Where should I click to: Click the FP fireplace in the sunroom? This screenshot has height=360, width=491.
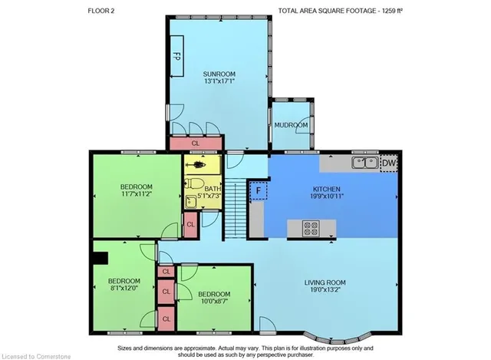click(x=176, y=56)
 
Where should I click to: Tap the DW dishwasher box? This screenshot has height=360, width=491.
click(x=389, y=163)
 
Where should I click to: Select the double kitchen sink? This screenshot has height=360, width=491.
click(x=365, y=163)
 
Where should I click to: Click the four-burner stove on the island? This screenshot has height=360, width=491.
click(x=311, y=228)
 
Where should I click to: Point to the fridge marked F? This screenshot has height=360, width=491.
click(x=259, y=190)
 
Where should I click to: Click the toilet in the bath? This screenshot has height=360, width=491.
click(x=194, y=183)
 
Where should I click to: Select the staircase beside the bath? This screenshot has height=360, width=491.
click(x=236, y=208)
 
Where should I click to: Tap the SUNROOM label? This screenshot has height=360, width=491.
click(x=219, y=74)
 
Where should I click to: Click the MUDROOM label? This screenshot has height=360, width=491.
click(x=291, y=125)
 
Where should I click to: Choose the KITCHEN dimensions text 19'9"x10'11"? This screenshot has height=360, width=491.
click(x=327, y=197)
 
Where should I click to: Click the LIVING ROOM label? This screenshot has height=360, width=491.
click(x=325, y=282)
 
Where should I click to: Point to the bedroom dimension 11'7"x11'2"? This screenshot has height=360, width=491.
click(x=137, y=194)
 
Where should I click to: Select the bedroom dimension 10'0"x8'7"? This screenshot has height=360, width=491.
click(x=214, y=301)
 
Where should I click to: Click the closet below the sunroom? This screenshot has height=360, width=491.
click(x=196, y=144)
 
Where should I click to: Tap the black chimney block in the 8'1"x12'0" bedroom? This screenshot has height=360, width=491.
click(x=101, y=258)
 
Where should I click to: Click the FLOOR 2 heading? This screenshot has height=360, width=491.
click(x=101, y=11)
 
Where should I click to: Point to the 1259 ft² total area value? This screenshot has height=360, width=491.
click(x=391, y=11)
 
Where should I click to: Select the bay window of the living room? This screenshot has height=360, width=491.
click(x=338, y=339)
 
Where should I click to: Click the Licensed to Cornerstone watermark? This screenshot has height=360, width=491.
click(x=36, y=357)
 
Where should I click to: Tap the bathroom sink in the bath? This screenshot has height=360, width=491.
click(x=190, y=202)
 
